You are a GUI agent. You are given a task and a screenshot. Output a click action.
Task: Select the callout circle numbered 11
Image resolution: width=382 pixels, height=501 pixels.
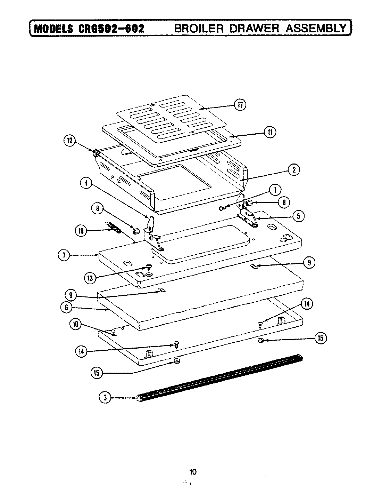point(269,132)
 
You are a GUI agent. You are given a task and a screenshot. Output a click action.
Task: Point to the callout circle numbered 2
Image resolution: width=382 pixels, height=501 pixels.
point(294,170)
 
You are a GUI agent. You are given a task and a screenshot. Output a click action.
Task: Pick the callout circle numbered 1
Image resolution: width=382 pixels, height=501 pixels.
point(275,190)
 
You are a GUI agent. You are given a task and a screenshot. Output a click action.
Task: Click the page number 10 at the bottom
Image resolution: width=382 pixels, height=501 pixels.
point(193,472)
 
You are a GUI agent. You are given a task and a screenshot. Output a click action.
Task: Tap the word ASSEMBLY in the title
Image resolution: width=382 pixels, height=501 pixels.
point(315,28)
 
